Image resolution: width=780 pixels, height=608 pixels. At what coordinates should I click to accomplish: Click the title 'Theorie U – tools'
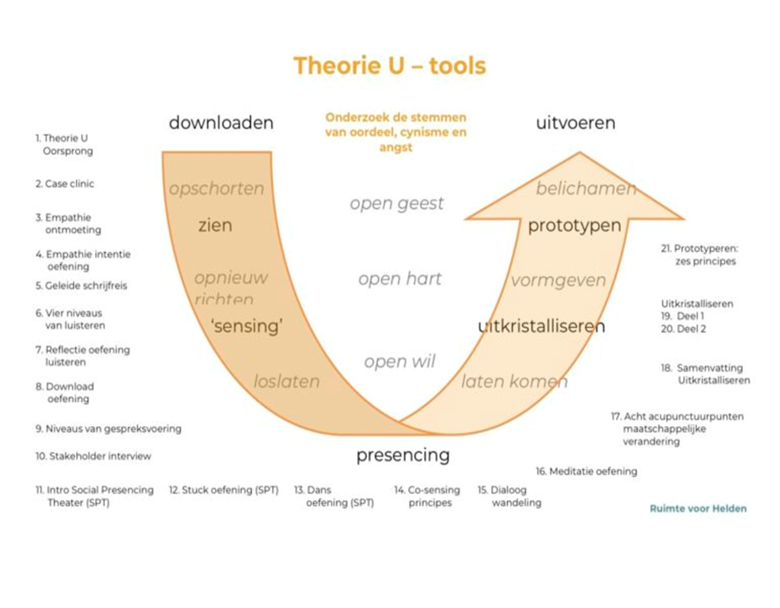[x=389, y=66]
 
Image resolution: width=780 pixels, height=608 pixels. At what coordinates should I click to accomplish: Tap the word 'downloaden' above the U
[x=221, y=123]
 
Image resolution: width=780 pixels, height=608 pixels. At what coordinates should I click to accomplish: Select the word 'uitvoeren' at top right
[x=575, y=123]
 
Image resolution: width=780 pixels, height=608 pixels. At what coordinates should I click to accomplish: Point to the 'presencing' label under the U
[x=403, y=455]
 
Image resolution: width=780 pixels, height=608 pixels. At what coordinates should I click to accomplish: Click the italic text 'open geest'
[x=396, y=203]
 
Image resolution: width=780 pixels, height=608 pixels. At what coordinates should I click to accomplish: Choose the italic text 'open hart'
[x=399, y=279]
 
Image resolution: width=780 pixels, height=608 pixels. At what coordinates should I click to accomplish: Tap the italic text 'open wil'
[x=399, y=361]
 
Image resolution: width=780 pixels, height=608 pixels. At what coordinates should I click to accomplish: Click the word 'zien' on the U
[x=215, y=226]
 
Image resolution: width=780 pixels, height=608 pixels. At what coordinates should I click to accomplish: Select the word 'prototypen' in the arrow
[x=574, y=226]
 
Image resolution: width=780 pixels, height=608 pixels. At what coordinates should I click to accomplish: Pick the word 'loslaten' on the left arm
[x=286, y=381]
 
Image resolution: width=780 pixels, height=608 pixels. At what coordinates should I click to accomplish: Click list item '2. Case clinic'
[x=64, y=184]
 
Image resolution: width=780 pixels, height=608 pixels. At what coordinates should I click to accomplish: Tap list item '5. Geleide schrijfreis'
[x=81, y=285]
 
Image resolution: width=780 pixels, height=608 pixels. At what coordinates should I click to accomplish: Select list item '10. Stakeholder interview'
[x=93, y=456]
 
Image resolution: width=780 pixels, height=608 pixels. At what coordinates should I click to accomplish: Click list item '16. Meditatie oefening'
[x=586, y=471]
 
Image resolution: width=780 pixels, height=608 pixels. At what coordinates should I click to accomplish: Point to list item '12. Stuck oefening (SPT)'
[x=223, y=490]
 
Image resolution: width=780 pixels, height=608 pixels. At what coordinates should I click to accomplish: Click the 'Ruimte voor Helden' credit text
[x=698, y=508]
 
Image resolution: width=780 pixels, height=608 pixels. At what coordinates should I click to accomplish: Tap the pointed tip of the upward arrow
[x=579, y=154]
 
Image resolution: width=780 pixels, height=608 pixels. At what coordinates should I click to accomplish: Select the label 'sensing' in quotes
[x=247, y=325]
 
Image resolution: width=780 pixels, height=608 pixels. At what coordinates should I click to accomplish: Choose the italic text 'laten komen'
[x=514, y=381]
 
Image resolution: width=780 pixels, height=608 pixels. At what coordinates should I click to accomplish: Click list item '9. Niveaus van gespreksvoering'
[x=108, y=429]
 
